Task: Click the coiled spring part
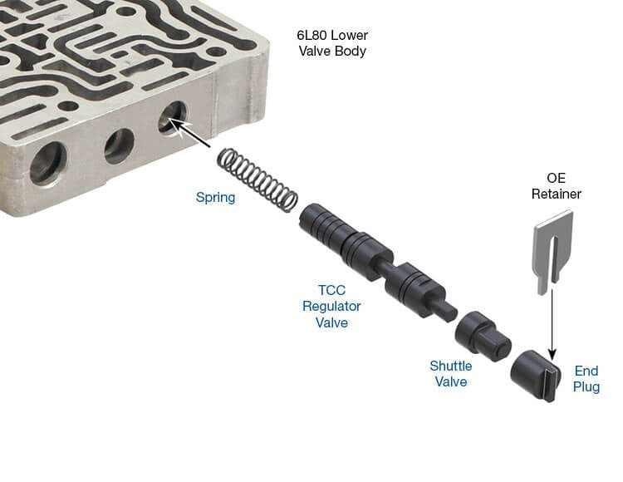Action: click(258, 180)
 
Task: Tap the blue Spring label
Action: click(215, 198)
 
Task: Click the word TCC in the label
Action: click(331, 290)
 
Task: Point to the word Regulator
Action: click(331, 307)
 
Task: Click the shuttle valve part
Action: click(483, 337)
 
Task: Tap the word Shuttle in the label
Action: click(451, 366)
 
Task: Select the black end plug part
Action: click(536, 376)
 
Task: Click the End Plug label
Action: click(586, 379)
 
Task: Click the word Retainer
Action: click(557, 194)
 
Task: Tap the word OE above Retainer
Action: click(556, 178)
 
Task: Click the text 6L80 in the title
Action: click(312, 36)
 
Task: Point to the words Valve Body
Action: click(332, 52)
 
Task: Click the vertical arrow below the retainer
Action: click(552, 324)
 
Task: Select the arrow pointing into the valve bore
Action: click(191, 133)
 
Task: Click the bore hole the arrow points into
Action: click(172, 118)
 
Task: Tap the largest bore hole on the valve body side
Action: click(48, 164)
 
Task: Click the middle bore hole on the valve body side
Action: click(119, 146)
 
